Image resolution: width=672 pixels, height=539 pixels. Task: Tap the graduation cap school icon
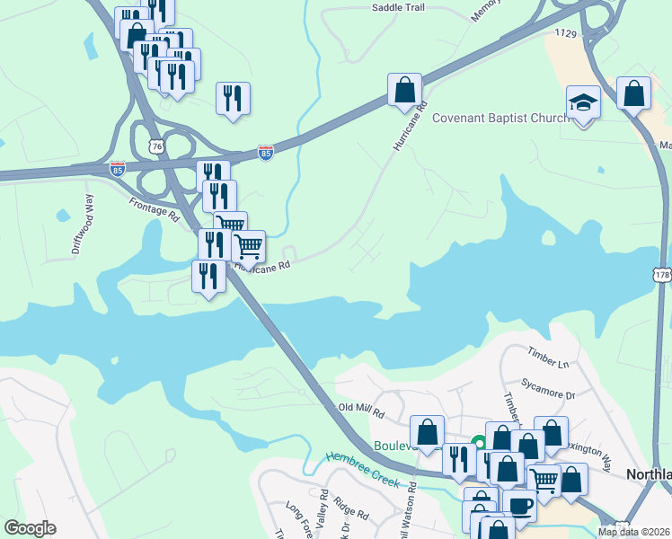(583, 102)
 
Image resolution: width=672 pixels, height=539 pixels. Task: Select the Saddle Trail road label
(397, 7)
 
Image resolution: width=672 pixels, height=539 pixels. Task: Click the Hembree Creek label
(362, 470)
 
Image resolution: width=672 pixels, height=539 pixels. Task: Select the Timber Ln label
(549, 358)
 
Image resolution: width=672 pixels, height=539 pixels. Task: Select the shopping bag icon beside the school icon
(634, 93)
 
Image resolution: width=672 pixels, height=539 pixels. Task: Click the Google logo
(30, 528)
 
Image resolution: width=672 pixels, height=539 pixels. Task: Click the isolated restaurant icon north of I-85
(233, 98)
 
